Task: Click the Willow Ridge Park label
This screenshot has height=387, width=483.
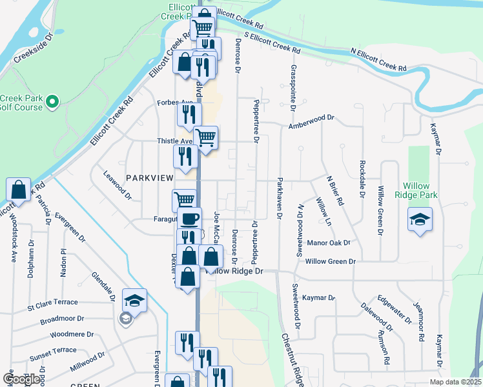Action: (x=420, y=190)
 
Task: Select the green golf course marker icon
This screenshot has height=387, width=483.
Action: (x=53, y=102)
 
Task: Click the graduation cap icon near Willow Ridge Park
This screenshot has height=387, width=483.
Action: (x=420, y=219)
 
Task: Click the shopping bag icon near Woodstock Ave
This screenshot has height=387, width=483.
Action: (x=18, y=190)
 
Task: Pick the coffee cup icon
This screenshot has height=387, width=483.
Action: (x=189, y=219)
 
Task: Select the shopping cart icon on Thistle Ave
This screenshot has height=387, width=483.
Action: (x=205, y=137)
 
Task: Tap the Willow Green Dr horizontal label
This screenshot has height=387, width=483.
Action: (x=330, y=261)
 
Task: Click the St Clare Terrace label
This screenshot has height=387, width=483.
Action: (x=52, y=302)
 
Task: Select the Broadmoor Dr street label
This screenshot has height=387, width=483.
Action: (x=62, y=319)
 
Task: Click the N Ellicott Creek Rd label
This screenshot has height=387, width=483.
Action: (x=378, y=59)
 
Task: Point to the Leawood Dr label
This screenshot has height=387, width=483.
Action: (x=117, y=183)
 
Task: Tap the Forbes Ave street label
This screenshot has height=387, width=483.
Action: (x=175, y=102)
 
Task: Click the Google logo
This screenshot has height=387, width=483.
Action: (x=21, y=379)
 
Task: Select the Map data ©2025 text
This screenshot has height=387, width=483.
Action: (x=455, y=382)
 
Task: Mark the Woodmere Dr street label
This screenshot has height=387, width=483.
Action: (x=72, y=335)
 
